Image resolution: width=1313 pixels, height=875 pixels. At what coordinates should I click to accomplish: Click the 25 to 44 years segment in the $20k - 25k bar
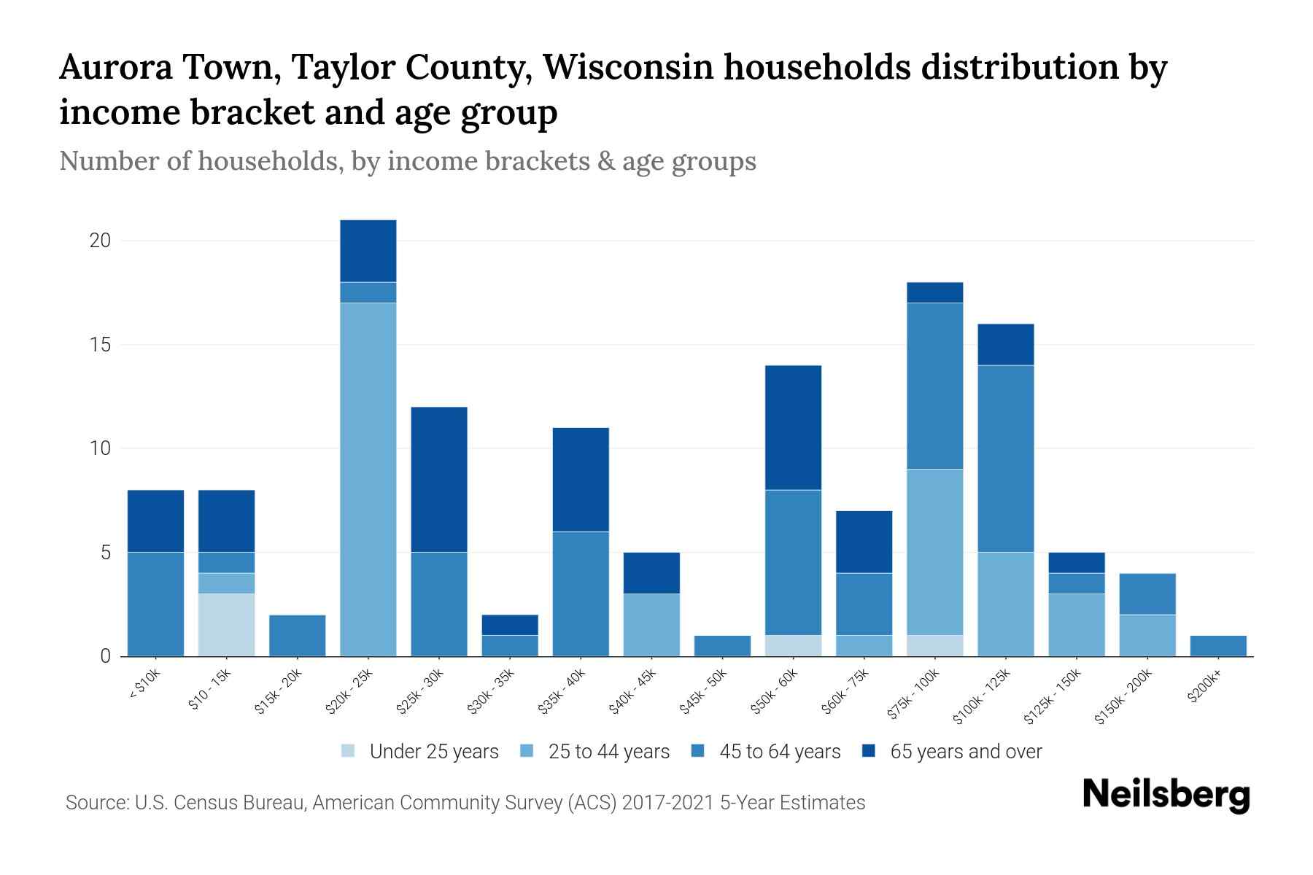(368, 479)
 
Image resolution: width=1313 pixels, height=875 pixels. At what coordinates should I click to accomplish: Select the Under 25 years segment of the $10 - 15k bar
(226, 625)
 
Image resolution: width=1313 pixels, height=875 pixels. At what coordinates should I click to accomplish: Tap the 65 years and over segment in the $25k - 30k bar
(439, 479)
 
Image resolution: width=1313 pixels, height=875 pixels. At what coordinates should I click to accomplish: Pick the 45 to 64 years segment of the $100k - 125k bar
(1006, 459)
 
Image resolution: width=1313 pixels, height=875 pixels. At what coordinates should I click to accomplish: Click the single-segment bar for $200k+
(1217, 646)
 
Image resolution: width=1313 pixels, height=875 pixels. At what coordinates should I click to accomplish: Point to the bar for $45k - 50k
(722, 646)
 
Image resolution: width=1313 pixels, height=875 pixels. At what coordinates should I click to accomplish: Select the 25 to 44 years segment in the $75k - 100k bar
(935, 552)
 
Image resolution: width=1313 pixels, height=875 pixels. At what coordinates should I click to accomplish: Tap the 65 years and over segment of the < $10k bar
(155, 521)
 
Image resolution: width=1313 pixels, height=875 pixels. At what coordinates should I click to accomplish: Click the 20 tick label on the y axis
(100, 241)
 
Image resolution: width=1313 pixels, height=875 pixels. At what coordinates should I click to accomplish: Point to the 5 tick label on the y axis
(106, 553)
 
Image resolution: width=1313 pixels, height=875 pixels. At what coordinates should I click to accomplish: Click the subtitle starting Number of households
(407, 161)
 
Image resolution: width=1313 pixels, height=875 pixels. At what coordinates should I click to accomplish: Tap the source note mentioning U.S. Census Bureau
(465, 803)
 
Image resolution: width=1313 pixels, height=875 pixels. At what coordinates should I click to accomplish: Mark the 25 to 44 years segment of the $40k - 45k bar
(651, 625)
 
